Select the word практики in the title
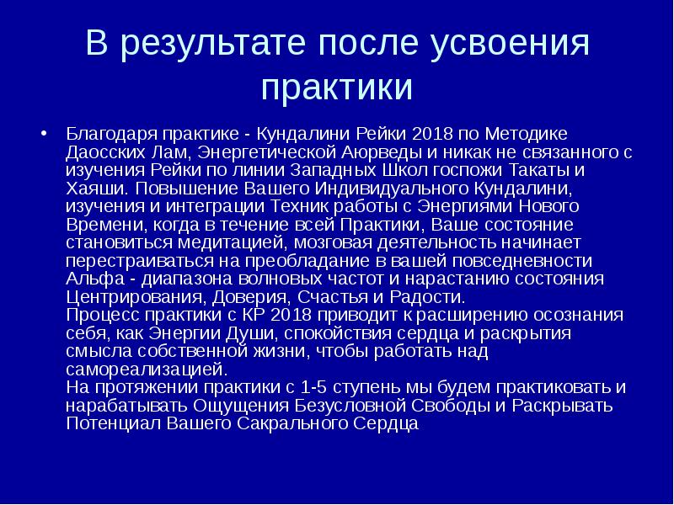click(336, 87)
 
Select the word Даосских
click(99, 152)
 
